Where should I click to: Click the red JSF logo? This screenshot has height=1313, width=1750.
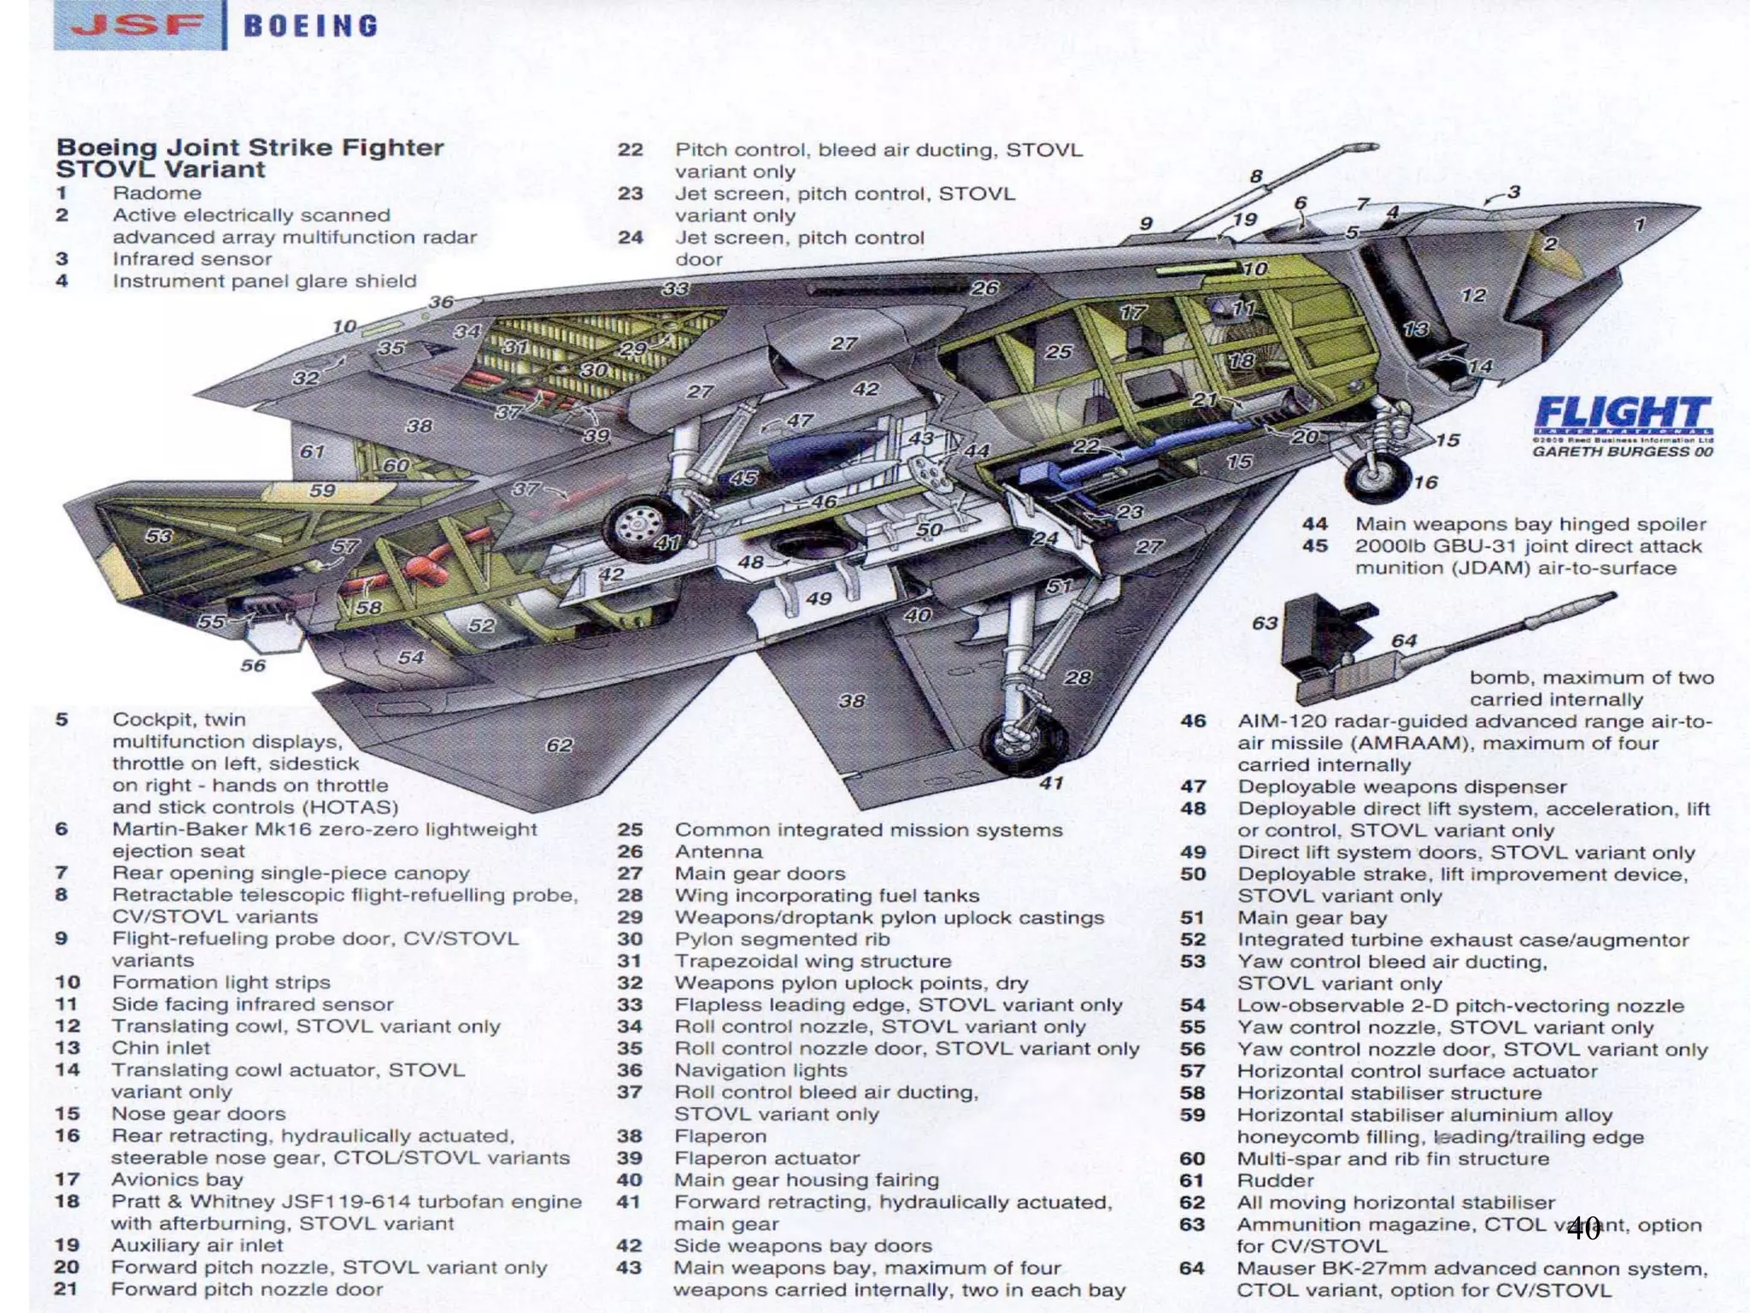[137, 25]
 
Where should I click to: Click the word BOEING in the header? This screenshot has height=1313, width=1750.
[311, 26]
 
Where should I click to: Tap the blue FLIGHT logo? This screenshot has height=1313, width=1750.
[1623, 415]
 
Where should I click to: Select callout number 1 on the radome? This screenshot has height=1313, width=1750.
[1639, 225]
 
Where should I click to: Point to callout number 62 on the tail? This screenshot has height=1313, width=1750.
[559, 745]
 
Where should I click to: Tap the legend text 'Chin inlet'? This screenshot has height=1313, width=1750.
[161, 1048]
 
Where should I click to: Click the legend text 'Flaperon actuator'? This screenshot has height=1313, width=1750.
[766, 1158]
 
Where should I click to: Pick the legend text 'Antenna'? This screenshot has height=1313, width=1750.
[718, 851]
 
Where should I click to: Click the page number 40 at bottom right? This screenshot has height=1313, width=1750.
[1583, 1229]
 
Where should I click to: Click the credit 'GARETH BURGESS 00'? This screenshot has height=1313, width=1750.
[1622, 451]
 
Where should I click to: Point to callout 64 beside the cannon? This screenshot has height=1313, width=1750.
[1403, 641]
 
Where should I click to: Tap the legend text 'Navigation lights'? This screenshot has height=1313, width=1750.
[760, 1070]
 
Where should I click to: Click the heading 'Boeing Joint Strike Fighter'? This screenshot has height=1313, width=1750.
[250, 148]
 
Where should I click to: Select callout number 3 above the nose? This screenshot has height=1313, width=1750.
[1513, 191]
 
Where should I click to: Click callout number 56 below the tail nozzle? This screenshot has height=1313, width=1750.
[253, 665]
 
